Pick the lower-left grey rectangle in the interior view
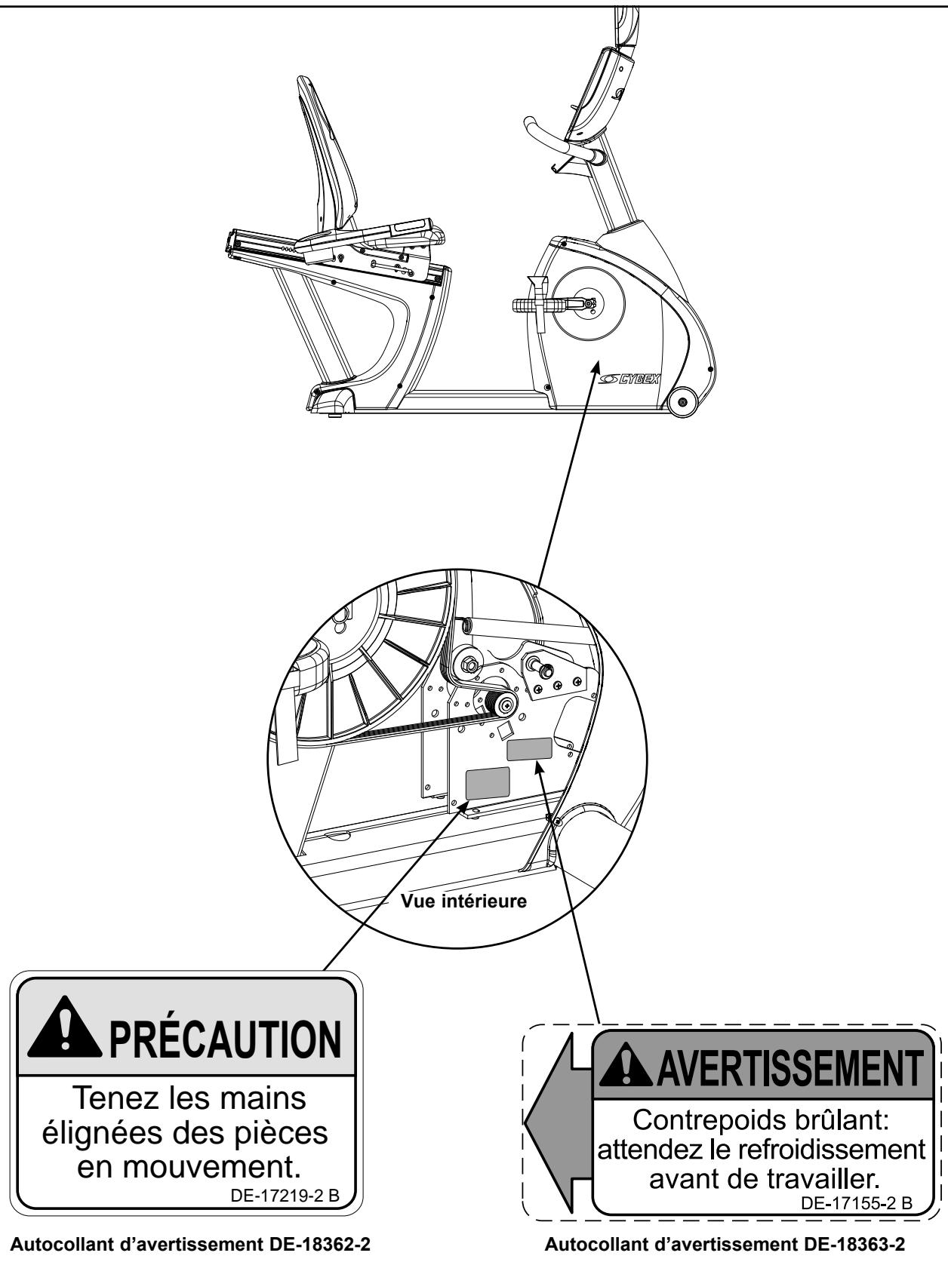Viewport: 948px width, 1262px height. pos(487,784)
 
